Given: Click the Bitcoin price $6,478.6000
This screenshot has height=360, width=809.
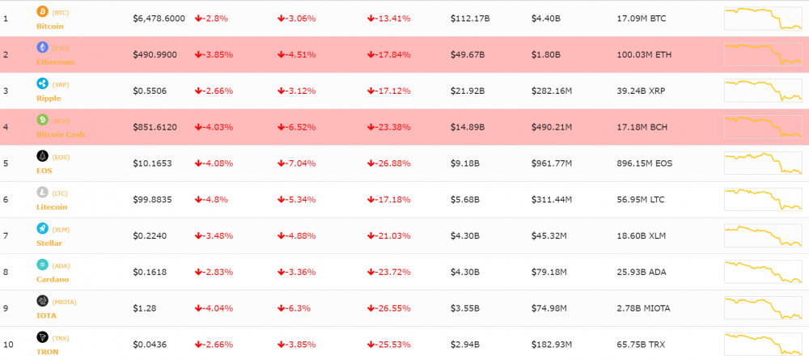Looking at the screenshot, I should [159, 19].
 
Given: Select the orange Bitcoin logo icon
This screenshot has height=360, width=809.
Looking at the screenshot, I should [42, 11].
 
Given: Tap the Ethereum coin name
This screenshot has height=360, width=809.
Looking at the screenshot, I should [56, 61].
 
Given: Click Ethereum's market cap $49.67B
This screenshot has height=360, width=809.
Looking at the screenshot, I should [468, 55].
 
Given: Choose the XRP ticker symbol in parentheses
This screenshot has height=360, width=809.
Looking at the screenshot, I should [61, 84].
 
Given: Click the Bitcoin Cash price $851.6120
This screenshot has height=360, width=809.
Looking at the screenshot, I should [155, 127].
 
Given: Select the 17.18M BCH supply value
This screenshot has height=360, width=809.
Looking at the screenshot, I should [643, 127].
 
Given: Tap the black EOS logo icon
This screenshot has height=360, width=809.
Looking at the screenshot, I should [42, 156].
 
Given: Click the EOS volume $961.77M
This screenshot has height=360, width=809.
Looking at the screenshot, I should [552, 163].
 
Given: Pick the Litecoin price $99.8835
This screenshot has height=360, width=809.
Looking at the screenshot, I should [154, 200].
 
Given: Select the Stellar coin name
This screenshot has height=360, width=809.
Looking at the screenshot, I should [49, 243].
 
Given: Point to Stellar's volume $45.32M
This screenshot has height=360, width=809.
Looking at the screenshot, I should [549, 236].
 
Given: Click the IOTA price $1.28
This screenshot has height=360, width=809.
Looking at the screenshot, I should [144, 308].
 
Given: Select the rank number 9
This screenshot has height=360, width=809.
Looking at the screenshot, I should [6, 308].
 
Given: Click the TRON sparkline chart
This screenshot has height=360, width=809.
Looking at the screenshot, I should [763, 343].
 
